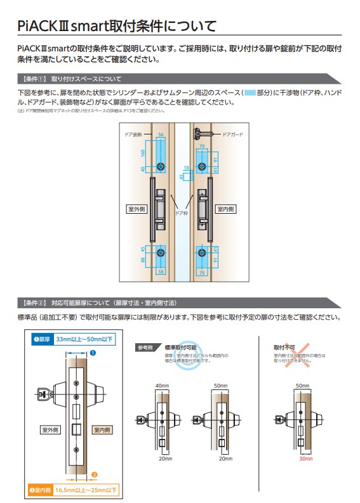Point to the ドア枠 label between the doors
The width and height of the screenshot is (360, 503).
tap(182, 214)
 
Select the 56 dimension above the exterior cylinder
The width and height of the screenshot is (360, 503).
tap(161, 135)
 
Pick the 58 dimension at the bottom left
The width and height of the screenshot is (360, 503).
tap(161, 271)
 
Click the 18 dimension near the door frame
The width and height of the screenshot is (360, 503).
tap(186, 167)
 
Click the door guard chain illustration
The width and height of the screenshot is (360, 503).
tap(204, 134)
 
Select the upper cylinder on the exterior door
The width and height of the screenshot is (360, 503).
tap(161, 166)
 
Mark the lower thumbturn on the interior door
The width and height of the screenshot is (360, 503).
tap(203, 252)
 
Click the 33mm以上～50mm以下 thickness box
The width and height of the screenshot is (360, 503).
tap(83, 339)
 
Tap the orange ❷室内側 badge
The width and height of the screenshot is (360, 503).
tap(39, 490)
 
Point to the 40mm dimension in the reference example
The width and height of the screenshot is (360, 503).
tap(163, 385)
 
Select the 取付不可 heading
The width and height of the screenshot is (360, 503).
tap(284, 348)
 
